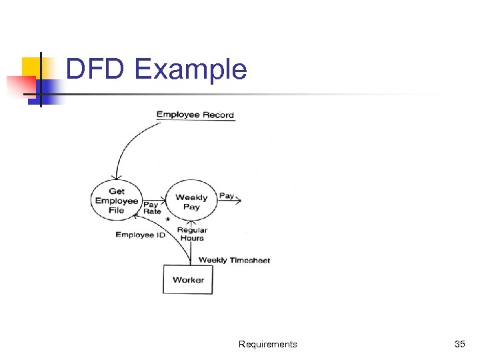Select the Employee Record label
coord(195,115)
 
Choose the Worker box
coord(188,279)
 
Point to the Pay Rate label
coord(152,208)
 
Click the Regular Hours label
coord(192,234)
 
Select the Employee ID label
coord(140,235)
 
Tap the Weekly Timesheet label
coord(234,260)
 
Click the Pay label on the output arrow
coord(227,196)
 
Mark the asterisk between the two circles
coord(168,219)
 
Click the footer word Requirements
coord(267,344)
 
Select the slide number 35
coord(459,344)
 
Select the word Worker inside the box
coord(188,279)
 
